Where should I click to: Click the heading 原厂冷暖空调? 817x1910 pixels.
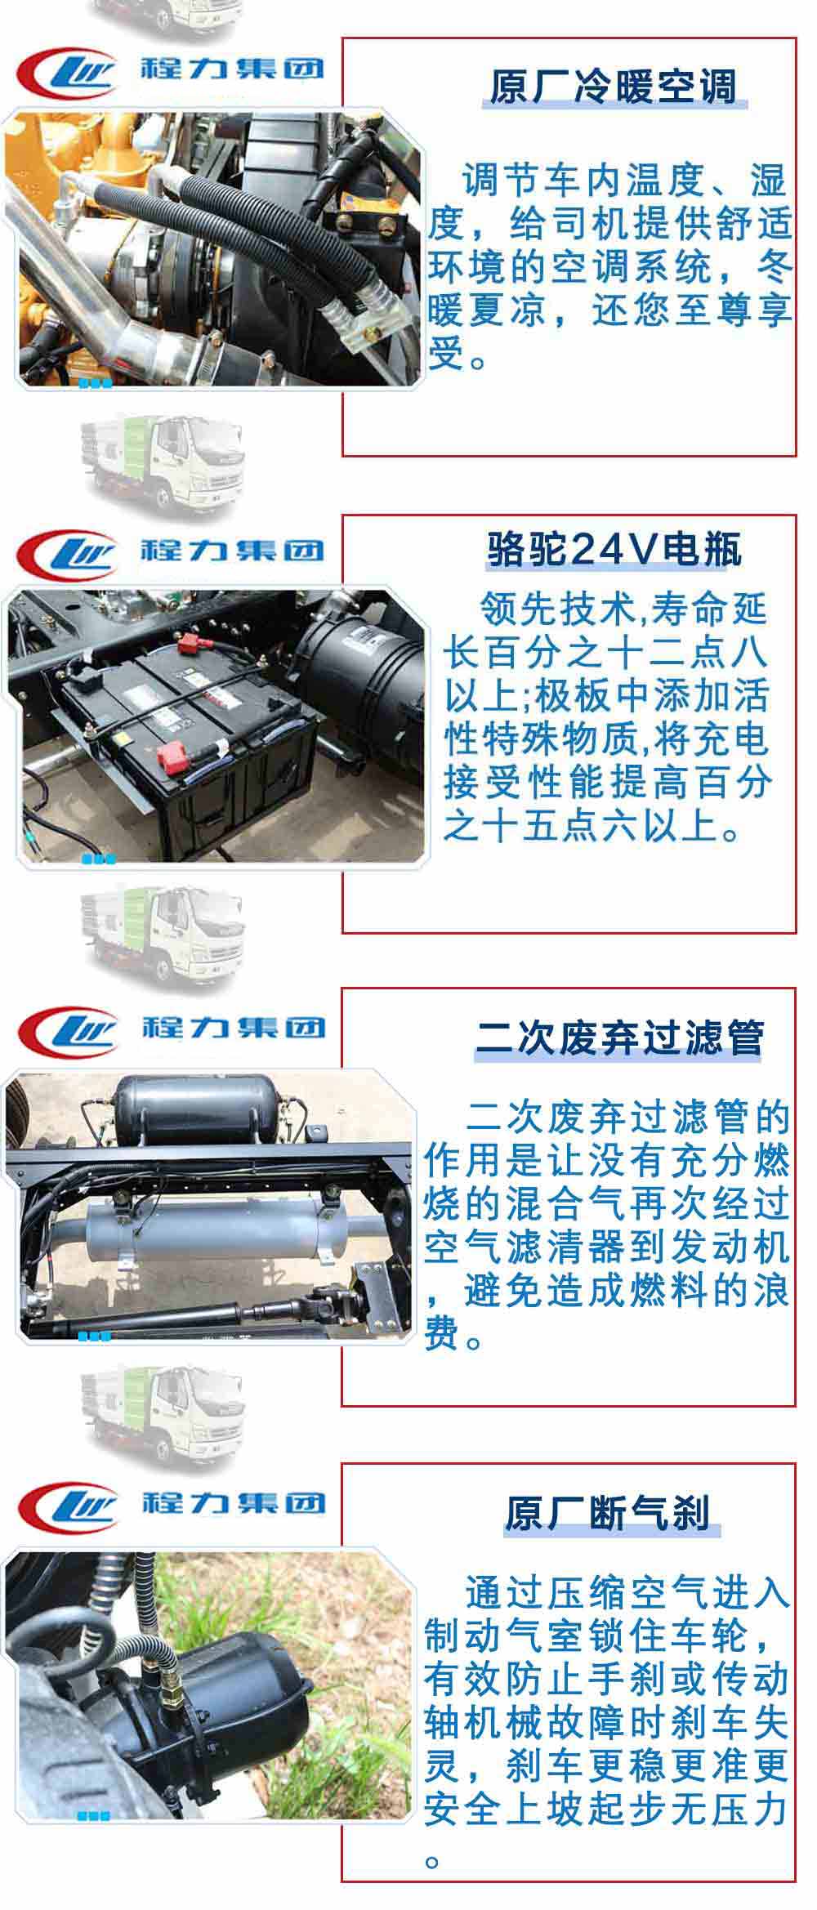coord(614,87)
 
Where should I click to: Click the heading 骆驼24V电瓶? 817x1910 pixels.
coord(614,550)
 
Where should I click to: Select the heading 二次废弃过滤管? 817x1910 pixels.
coord(620,1038)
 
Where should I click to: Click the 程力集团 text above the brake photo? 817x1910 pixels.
coord(234,1502)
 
